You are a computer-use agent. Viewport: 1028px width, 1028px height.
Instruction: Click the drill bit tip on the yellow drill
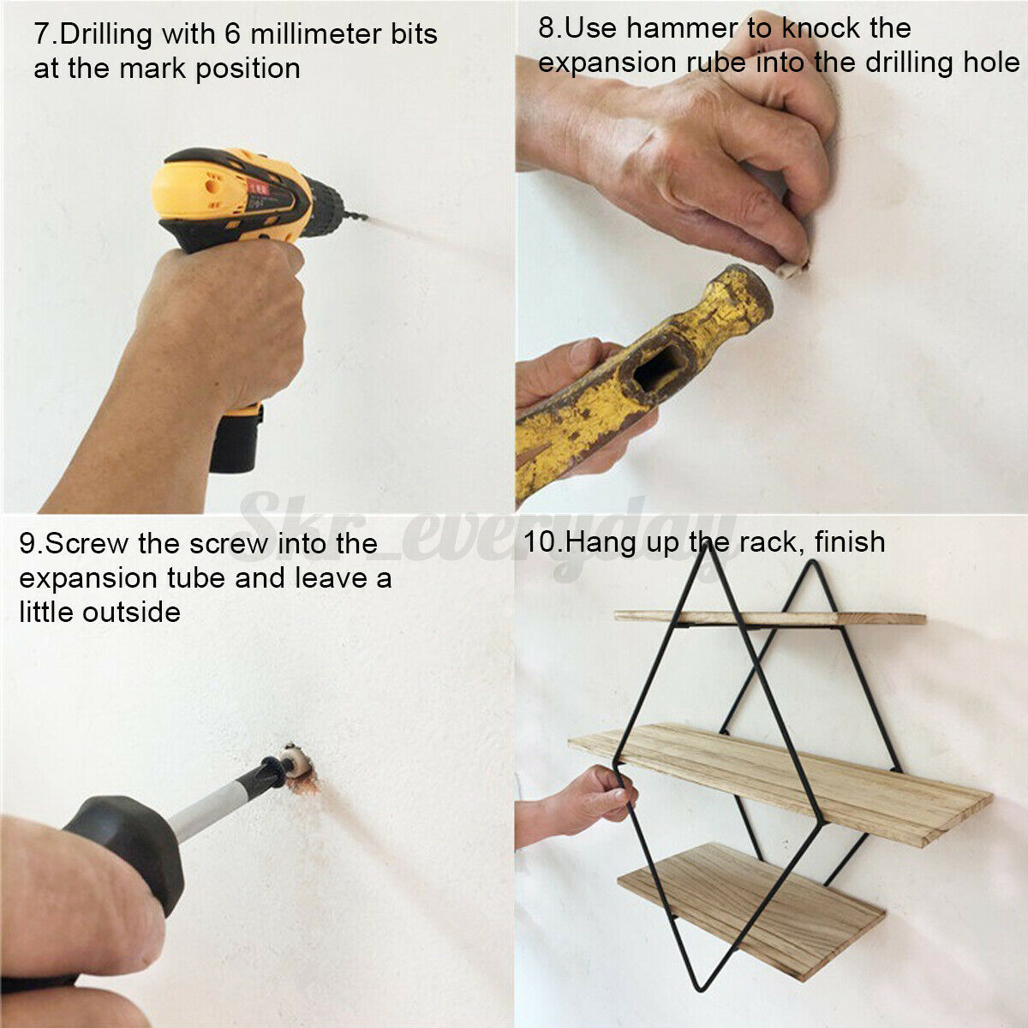coord(365,217)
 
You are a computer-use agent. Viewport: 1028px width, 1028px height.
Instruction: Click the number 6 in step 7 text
coord(233,33)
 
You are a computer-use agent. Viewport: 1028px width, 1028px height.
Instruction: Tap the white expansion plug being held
coord(792,268)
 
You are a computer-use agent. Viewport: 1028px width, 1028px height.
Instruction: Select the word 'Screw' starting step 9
coord(86,545)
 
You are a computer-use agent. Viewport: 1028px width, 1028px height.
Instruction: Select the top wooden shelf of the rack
coord(770,619)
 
